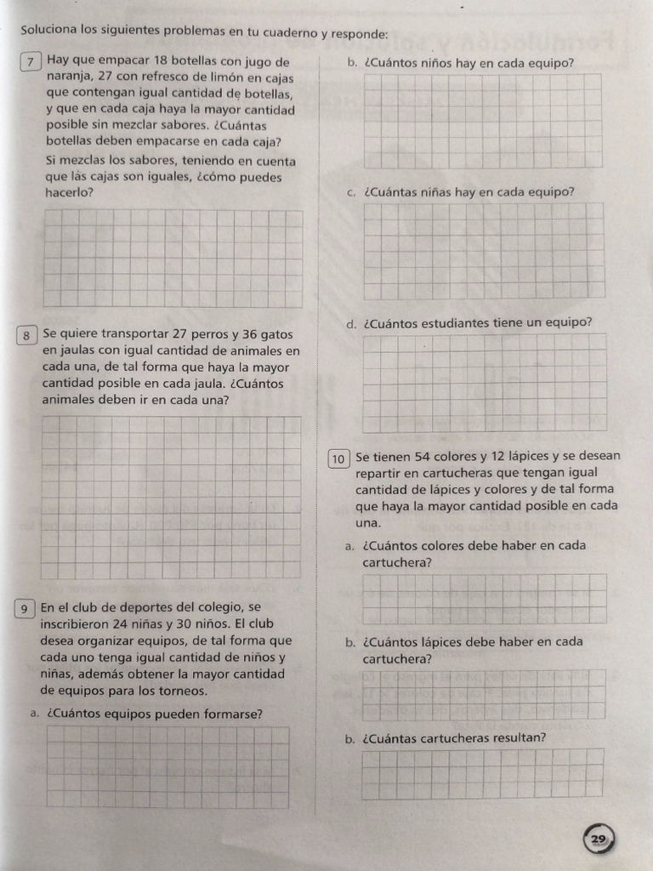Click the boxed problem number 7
pos(31,62)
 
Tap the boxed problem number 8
pos(26,335)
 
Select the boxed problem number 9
pos(26,608)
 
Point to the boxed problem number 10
pos(338,459)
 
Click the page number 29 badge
pos(598,840)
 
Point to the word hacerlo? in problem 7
pos(70,193)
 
